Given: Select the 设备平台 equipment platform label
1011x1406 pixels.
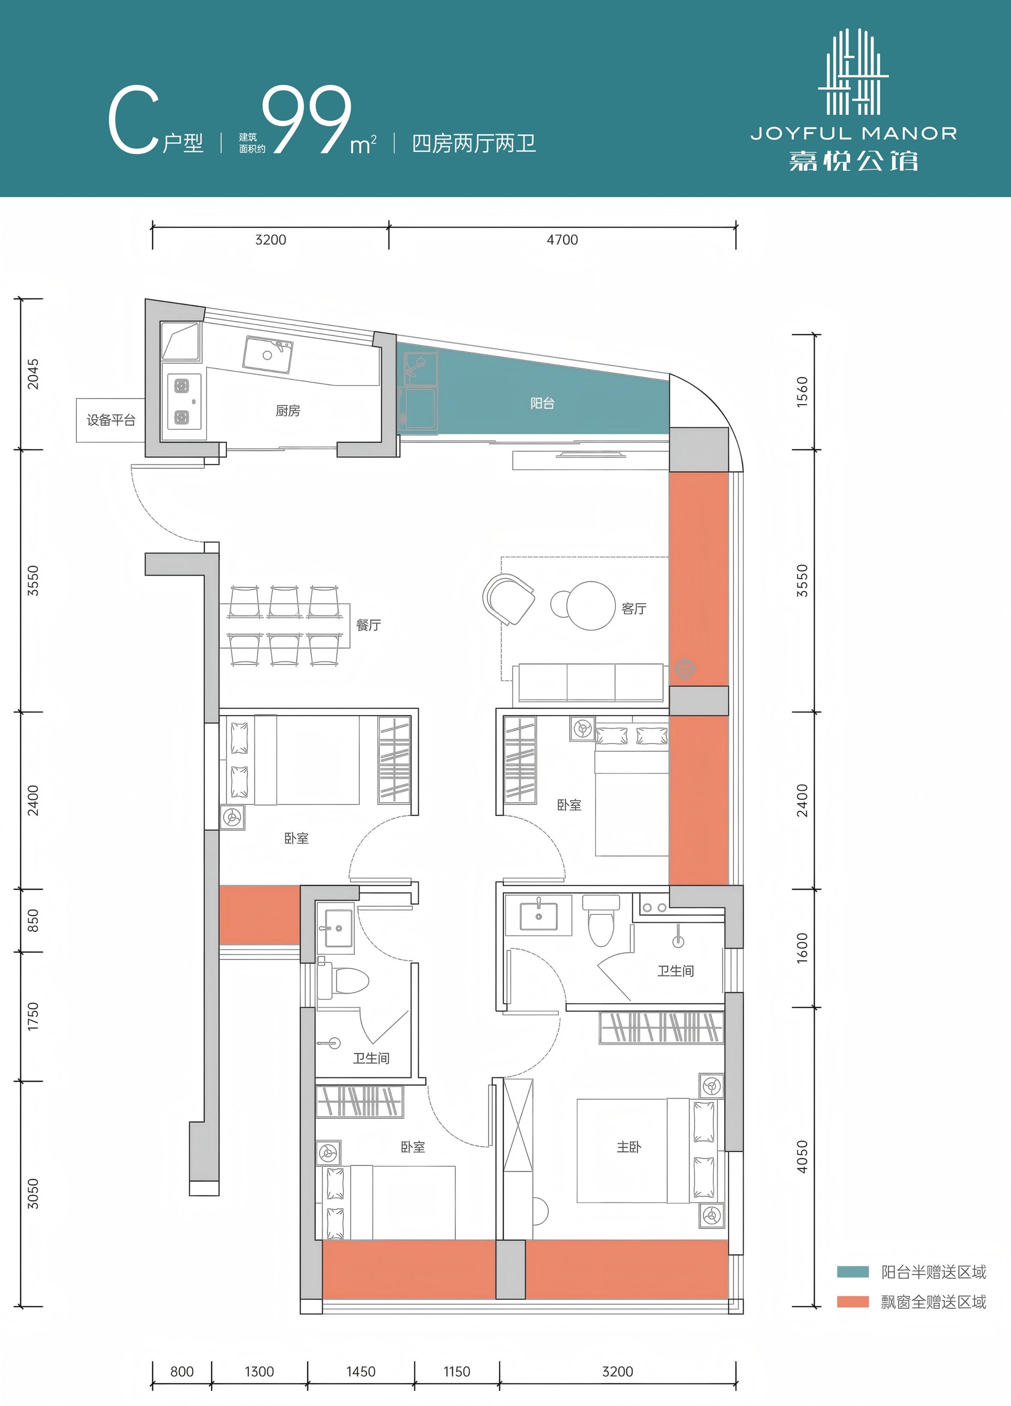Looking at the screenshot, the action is pyautogui.click(x=111, y=420).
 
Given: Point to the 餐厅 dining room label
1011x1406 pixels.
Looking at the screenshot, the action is pyautogui.click(x=369, y=625).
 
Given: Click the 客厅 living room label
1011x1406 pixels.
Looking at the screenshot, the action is pyautogui.click(x=634, y=609).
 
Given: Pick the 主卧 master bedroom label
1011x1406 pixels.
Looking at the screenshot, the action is pyautogui.click(x=629, y=1147).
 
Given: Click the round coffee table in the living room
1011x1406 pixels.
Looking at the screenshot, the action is pyautogui.click(x=591, y=606).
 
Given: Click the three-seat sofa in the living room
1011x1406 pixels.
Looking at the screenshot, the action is pyautogui.click(x=591, y=682).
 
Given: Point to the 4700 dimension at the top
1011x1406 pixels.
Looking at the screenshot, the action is pyautogui.click(x=563, y=240).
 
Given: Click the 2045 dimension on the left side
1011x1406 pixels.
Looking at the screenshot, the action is pyautogui.click(x=33, y=374).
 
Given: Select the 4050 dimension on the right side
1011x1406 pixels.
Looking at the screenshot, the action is pyautogui.click(x=802, y=1157).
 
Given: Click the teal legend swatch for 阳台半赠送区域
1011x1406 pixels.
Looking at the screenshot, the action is pyautogui.click(x=852, y=1272).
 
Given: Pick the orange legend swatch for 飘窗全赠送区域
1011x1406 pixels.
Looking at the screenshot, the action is pyautogui.click(x=852, y=1302).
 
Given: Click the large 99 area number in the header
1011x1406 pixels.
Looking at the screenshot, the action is pyautogui.click(x=307, y=120).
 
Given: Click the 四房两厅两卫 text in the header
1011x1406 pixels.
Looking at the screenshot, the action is pyautogui.click(x=474, y=144).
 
